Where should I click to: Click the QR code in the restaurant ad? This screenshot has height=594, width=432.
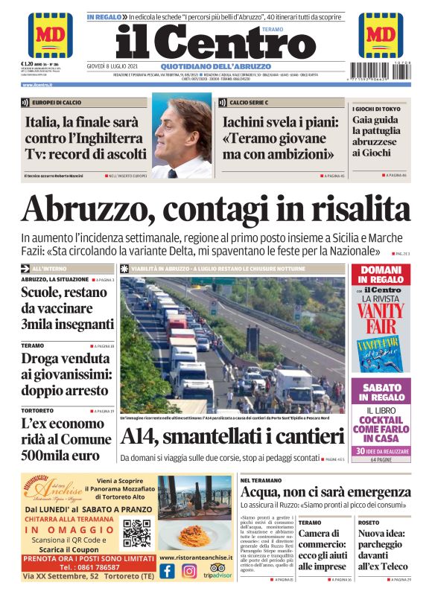[138, 533]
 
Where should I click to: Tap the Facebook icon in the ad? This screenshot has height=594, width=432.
[168, 571]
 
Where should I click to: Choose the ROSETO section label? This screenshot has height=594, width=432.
[369, 523]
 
